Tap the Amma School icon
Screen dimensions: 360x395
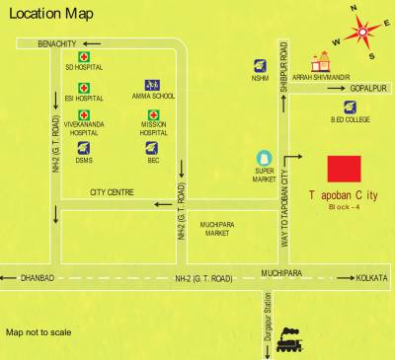click(151, 85)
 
